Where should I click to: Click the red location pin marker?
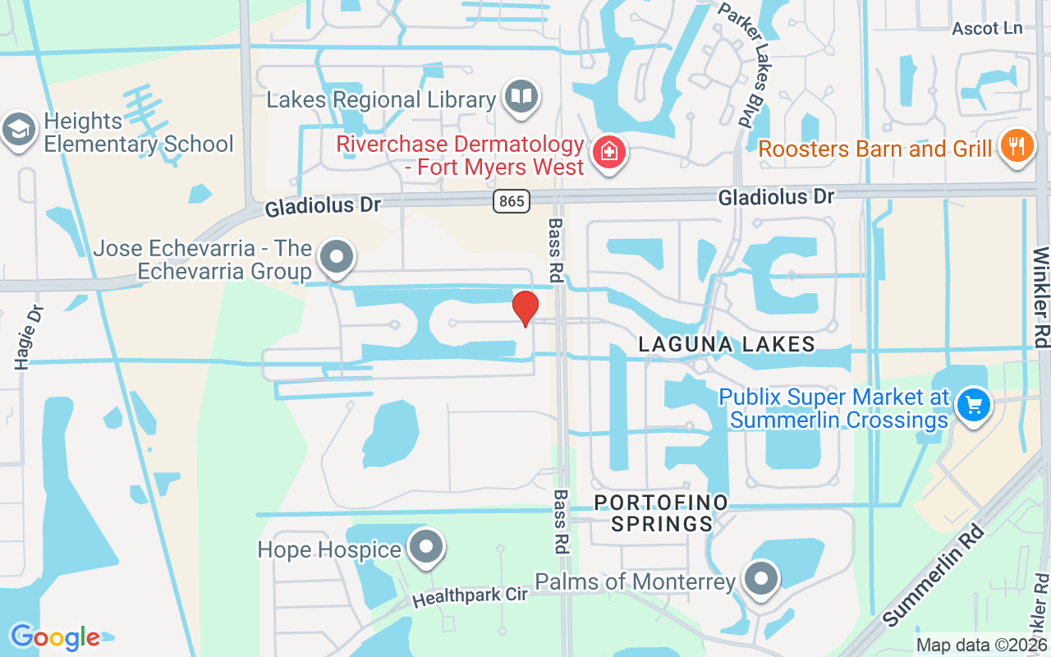point(525,308)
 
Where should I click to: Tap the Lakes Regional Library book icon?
point(521,97)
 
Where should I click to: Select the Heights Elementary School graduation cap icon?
point(17,129)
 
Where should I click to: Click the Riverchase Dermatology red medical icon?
point(609,152)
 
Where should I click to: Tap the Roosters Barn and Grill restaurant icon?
point(1017,146)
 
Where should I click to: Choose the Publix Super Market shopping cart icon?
point(974,405)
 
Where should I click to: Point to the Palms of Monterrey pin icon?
point(761,578)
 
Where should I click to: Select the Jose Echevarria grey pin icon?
point(336,257)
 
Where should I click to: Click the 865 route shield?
point(512,200)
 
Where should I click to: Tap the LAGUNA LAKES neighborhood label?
point(727,344)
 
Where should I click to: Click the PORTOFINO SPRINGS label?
point(661,512)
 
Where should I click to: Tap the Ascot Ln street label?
point(987,29)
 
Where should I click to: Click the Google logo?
point(55,637)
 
